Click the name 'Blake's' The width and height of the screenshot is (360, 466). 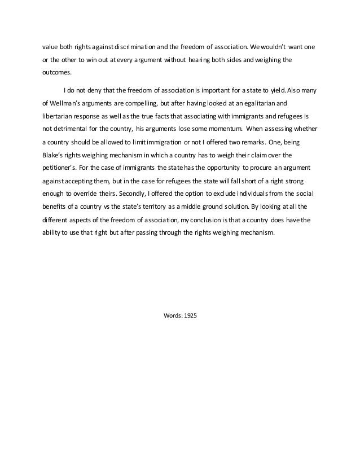pyautogui.click(x=55, y=155)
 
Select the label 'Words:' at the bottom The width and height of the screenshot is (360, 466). pyautogui.click(x=172, y=315)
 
